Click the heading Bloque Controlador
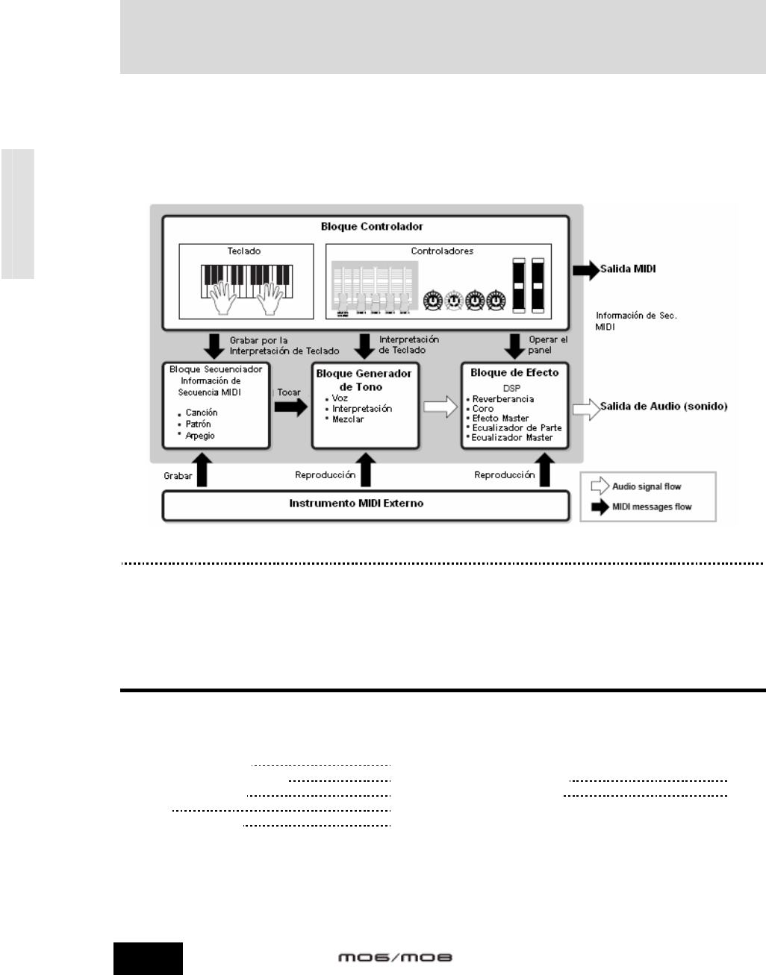pyautogui.click(x=365, y=226)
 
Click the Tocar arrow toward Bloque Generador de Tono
pyautogui.click(x=290, y=407)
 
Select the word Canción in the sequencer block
pyautogui.click(x=202, y=413)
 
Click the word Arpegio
pyautogui.click(x=200, y=436)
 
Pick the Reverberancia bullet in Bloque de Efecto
pyautogui.click(x=503, y=399)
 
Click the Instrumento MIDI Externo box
pyautogui.click(x=365, y=504)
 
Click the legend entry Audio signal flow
pyautogui.click(x=647, y=486)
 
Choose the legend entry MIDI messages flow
pyautogui.click(x=651, y=507)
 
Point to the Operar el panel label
pyautogui.click(x=548, y=344)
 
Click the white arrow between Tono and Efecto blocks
pyautogui.click(x=439, y=407)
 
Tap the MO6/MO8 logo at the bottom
pyautogui.click(x=394, y=956)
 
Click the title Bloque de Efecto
pyautogui.click(x=514, y=372)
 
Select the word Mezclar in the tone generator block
pyautogui.click(x=348, y=419)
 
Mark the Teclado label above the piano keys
pyautogui.click(x=244, y=251)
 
